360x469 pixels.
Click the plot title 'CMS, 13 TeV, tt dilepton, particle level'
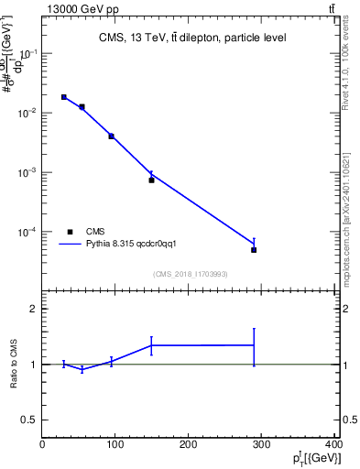click(x=192, y=38)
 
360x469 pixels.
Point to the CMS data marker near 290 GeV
click(x=254, y=249)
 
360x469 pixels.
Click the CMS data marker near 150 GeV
click(x=151, y=180)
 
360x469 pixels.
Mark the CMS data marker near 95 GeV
click(x=112, y=136)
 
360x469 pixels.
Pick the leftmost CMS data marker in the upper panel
click(x=64, y=97)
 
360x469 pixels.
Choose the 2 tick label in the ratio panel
click(x=33, y=310)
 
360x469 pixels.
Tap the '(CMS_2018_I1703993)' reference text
click(x=190, y=273)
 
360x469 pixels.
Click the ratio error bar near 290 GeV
click(x=254, y=345)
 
